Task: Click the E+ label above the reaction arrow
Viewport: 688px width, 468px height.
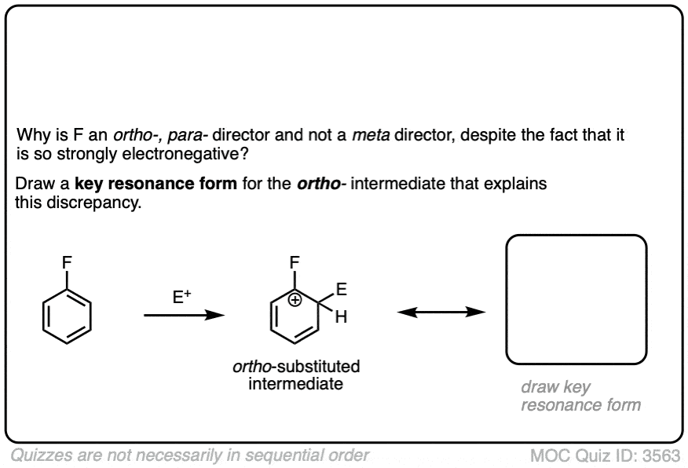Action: (182, 298)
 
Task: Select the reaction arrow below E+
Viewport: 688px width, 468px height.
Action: (184, 316)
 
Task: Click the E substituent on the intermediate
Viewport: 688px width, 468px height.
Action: (340, 290)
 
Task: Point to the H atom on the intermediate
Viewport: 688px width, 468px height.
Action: (341, 318)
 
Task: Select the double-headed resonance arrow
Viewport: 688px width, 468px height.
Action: (438, 313)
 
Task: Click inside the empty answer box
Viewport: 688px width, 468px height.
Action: (576, 300)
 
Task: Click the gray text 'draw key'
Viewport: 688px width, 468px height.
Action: (555, 388)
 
